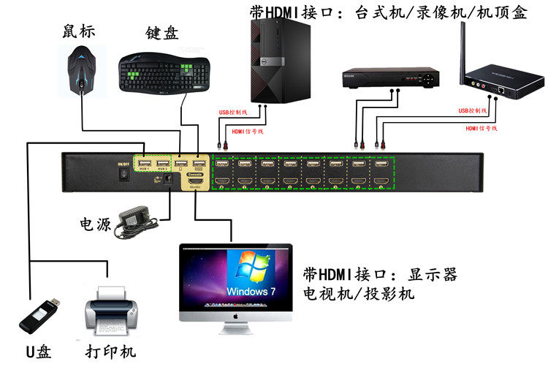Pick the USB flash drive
click(39, 316)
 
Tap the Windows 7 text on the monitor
click(251, 291)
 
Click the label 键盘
click(162, 33)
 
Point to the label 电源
click(95, 224)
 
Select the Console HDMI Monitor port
click(195, 180)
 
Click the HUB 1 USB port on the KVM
click(144, 162)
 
